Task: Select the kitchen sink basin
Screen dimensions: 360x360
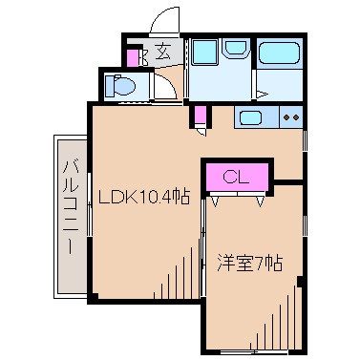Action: [251, 119]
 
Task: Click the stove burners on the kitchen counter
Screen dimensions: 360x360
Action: [290, 118]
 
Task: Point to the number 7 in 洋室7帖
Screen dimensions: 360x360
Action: [262, 261]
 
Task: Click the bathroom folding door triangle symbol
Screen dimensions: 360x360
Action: [260, 94]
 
